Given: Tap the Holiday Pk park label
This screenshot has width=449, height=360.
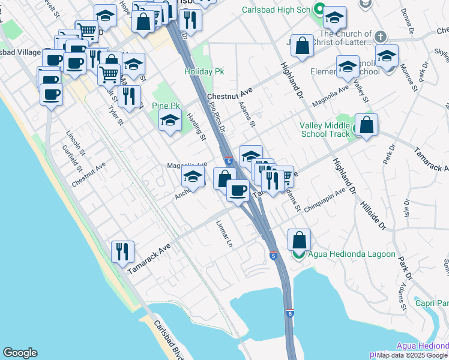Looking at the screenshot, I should point(204,71).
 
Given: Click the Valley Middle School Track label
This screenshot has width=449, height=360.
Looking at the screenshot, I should point(325,130).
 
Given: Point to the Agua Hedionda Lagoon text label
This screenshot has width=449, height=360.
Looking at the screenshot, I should point(352,254).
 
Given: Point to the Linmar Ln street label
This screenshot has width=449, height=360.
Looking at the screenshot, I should point(224,234).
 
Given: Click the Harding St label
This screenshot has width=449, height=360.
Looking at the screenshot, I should point(196,127).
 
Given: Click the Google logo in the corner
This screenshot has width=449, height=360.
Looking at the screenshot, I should point(20,353).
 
